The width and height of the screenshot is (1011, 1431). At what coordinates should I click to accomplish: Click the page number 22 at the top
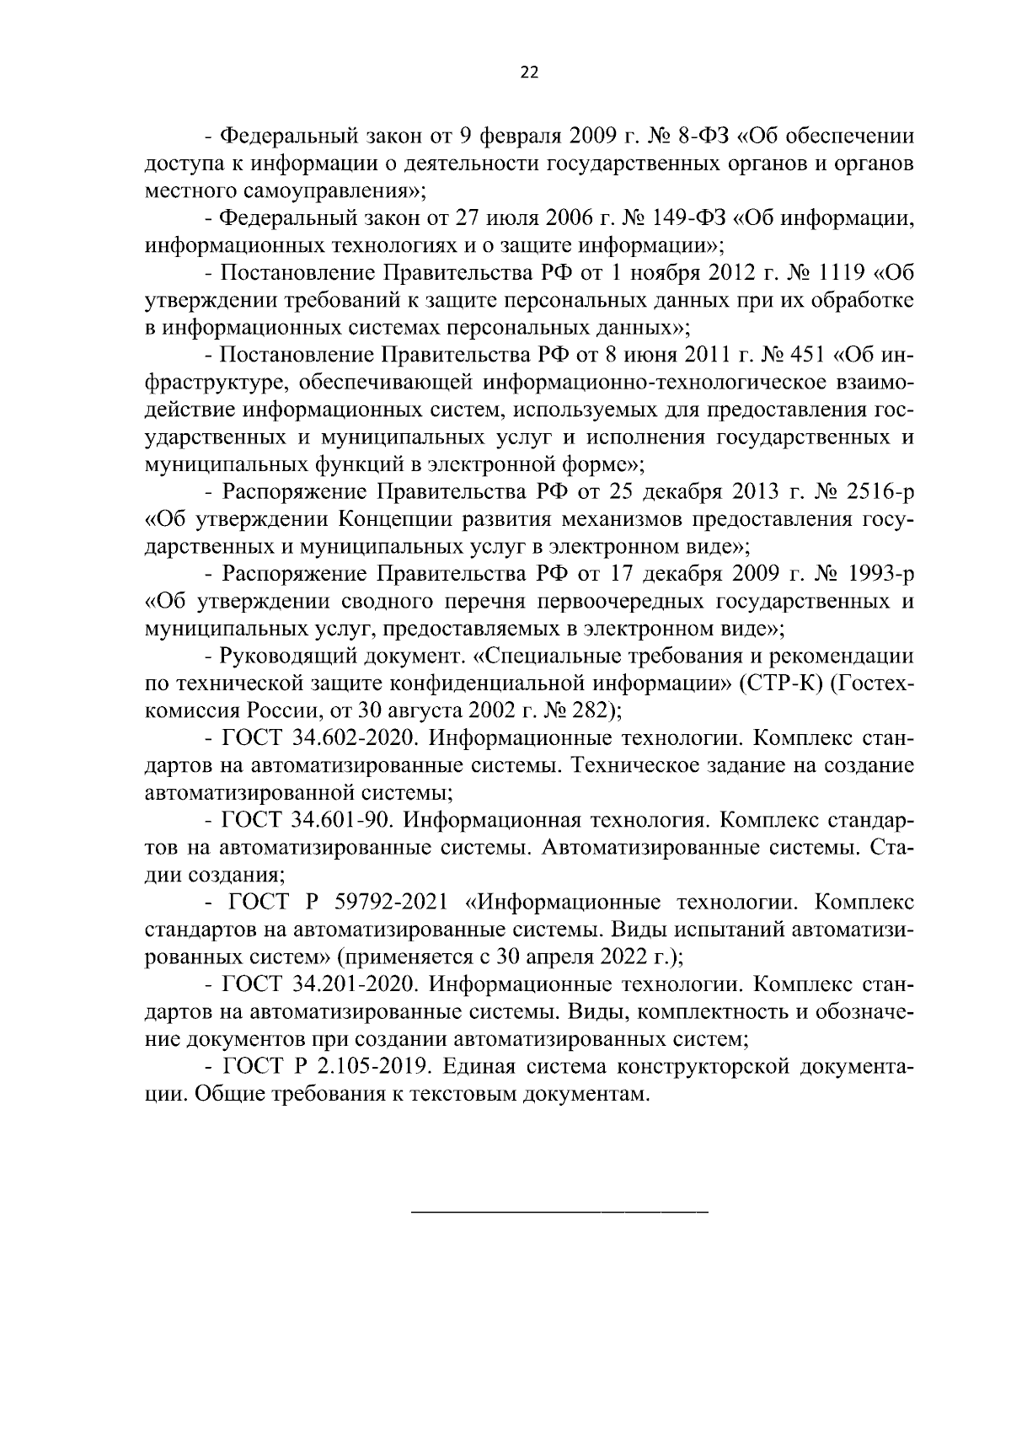tap(529, 72)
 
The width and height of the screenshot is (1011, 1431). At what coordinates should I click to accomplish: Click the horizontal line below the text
tap(559, 1212)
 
